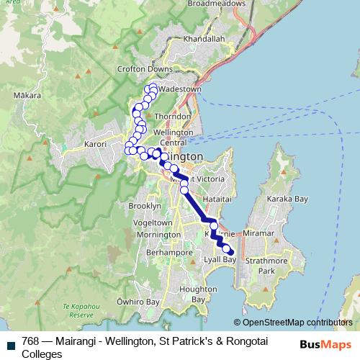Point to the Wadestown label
[x=179, y=89]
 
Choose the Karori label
[x=95, y=143]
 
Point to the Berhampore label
[x=166, y=253]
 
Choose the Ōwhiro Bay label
[x=138, y=302]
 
